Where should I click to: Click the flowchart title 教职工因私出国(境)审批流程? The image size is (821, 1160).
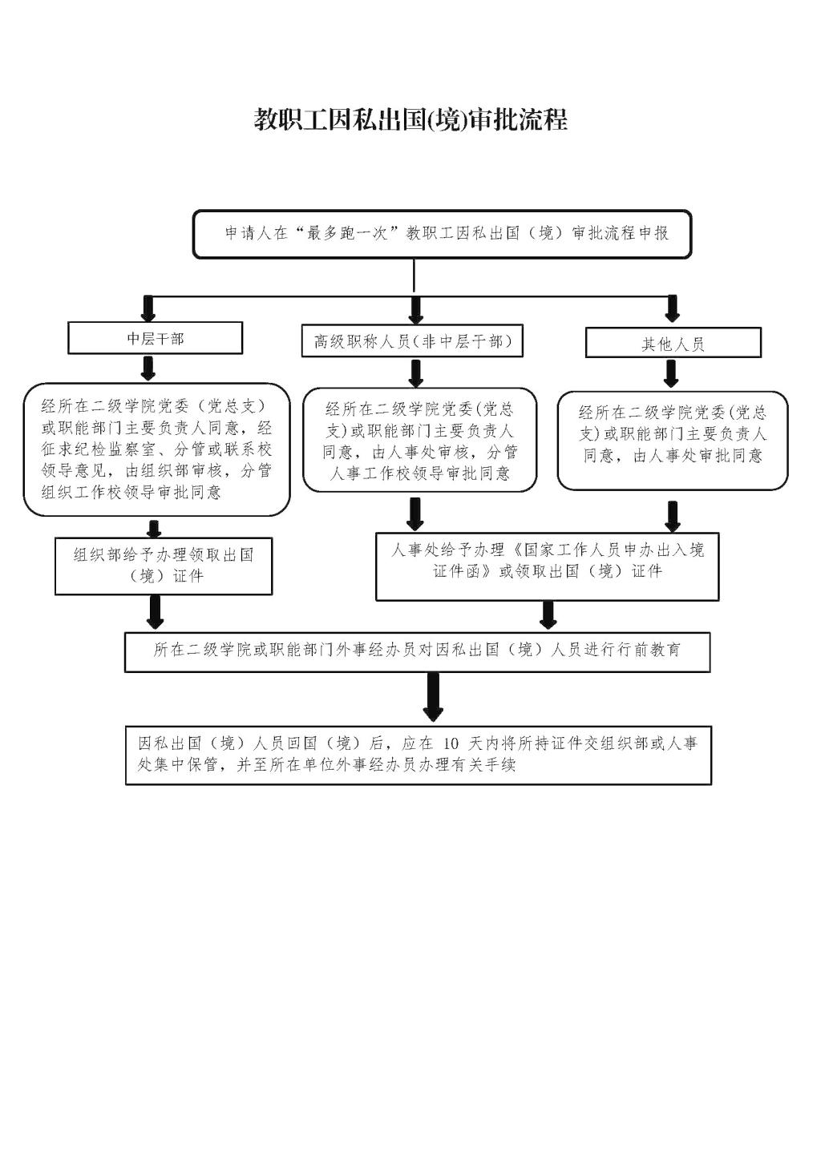click(x=410, y=119)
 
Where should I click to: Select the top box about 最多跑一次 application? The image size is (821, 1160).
click(x=442, y=234)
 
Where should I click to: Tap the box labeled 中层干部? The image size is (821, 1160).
click(x=155, y=338)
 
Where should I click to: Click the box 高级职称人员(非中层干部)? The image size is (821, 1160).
click(x=412, y=340)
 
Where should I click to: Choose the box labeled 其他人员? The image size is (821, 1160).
click(x=673, y=343)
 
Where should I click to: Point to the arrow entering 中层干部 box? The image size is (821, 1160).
click(x=148, y=308)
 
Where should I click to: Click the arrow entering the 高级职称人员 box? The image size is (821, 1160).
click(x=415, y=310)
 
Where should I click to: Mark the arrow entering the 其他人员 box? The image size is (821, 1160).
click(x=672, y=308)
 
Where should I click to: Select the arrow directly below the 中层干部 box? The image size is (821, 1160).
click(x=148, y=369)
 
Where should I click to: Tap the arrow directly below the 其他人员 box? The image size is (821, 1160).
click(x=671, y=374)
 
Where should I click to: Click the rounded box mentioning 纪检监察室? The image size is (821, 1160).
click(x=156, y=449)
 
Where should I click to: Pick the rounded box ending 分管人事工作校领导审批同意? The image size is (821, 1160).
click(x=420, y=440)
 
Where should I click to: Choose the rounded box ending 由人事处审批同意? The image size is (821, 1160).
click(x=672, y=441)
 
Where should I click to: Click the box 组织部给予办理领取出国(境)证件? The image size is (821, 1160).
click(x=164, y=566)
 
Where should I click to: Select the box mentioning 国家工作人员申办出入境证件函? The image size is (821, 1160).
click(x=548, y=566)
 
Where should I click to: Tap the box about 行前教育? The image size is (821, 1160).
click(x=417, y=652)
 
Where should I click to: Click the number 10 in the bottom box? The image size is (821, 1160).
click(x=451, y=744)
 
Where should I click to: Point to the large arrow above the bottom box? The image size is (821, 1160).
click(x=433, y=697)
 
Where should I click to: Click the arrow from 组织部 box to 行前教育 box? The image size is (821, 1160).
click(x=155, y=612)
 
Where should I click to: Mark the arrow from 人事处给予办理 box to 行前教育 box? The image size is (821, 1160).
click(x=548, y=615)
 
